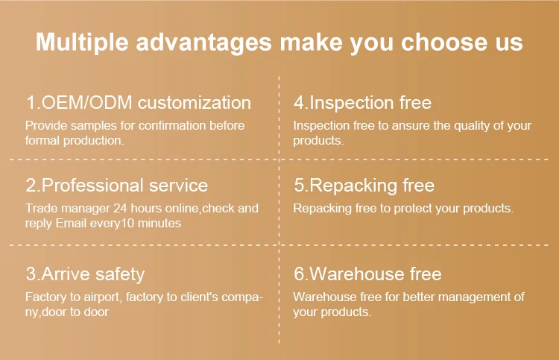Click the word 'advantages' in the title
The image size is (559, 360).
[203, 42]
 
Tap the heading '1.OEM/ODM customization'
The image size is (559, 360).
[138, 103]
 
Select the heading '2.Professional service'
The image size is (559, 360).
[117, 185]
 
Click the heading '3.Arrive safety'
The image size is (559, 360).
[85, 274]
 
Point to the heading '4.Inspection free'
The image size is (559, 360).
[362, 103]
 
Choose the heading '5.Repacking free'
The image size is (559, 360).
[364, 185]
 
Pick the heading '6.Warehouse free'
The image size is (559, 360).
[367, 274]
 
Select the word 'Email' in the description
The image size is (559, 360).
[72, 223]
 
